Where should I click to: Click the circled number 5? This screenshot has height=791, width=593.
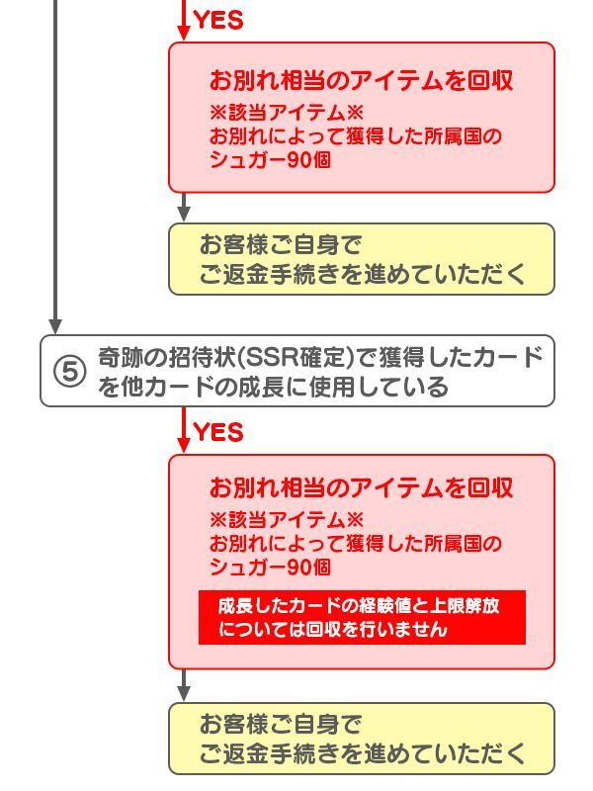(x=69, y=372)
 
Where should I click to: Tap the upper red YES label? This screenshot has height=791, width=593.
(x=218, y=20)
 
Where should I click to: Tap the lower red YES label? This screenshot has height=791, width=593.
(x=218, y=432)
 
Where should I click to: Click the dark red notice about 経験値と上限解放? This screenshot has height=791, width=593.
(x=362, y=617)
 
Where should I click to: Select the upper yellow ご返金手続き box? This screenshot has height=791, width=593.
(x=362, y=258)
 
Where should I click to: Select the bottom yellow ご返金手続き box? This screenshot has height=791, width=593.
(x=362, y=739)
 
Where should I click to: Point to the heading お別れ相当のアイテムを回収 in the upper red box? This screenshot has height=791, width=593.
(x=361, y=81)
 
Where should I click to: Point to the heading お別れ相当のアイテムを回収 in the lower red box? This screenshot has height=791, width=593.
(x=361, y=487)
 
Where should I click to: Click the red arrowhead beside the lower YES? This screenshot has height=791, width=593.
(x=184, y=444)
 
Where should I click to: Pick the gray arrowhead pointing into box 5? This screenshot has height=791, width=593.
(x=55, y=325)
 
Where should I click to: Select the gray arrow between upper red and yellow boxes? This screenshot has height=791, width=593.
(x=184, y=211)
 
